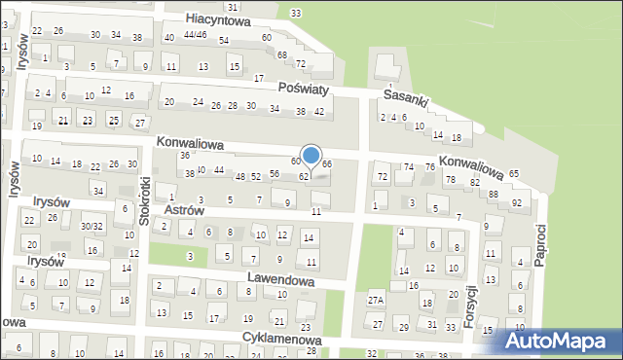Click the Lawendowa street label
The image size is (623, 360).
[280, 279]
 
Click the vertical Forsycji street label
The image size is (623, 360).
[471, 305]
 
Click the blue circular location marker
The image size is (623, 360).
[311, 156]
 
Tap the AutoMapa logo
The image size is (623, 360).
[559, 342]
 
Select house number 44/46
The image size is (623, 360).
[195, 35]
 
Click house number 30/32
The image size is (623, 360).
[92, 226]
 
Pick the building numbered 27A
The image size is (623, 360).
[376, 301]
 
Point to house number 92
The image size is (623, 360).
[516, 202]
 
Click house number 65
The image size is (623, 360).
[513, 173]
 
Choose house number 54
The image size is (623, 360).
[224, 40]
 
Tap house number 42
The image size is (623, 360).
[319, 111]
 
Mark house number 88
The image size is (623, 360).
[494, 195]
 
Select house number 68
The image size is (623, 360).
[281, 54]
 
